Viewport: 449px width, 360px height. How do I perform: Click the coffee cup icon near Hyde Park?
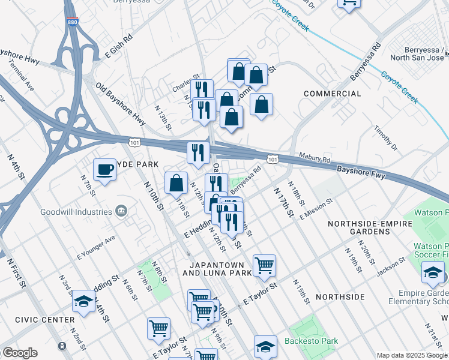[104, 170]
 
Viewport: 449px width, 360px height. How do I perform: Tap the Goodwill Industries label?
[76, 212]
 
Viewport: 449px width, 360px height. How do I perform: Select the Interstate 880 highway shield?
[71, 22]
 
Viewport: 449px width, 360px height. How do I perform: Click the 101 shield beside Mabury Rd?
[273, 159]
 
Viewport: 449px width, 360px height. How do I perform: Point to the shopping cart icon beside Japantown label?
[264, 265]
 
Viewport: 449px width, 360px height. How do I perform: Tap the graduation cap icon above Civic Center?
[83, 301]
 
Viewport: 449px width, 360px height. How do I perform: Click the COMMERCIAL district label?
[333, 94]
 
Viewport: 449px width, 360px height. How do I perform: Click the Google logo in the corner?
[19, 353]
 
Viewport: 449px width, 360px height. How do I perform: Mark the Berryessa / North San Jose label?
[417, 53]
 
